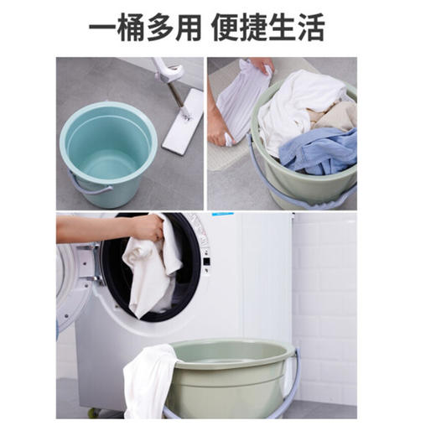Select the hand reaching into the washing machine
[x=146, y=226]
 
